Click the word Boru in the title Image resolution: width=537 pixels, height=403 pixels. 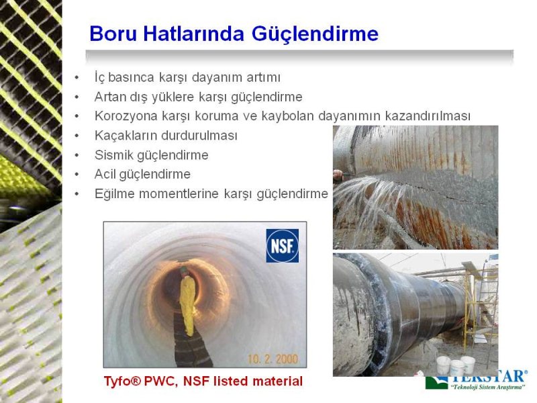(x=113, y=34)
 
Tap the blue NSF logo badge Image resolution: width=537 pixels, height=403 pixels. (x=282, y=246)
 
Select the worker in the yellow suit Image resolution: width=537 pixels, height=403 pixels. (x=187, y=301)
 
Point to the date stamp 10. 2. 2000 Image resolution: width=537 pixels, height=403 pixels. (x=273, y=359)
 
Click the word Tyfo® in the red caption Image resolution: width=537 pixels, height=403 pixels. (x=122, y=381)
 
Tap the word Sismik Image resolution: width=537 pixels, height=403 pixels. (x=113, y=155)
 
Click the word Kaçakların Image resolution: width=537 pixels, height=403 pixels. (x=126, y=136)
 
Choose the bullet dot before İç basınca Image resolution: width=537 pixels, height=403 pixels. (x=77, y=78)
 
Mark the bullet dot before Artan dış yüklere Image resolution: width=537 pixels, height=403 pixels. (x=77, y=97)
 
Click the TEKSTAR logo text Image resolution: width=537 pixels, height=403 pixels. (x=488, y=377)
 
